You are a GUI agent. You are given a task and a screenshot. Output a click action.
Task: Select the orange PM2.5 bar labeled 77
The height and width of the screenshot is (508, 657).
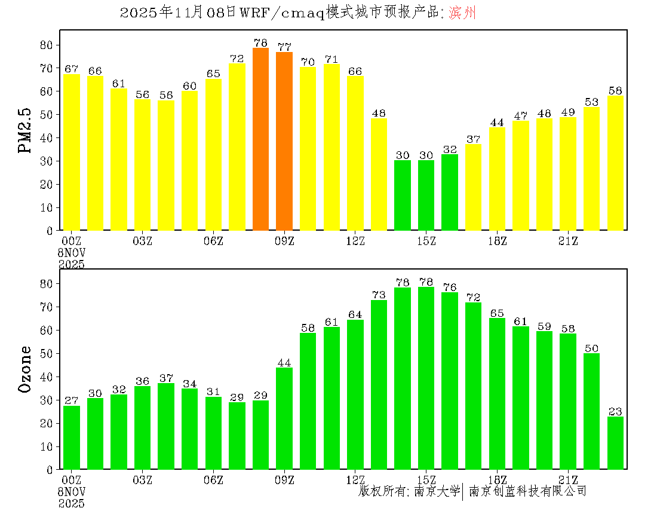click(x=284, y=141)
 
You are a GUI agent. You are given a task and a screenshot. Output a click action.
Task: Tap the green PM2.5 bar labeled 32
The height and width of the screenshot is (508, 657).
click(x=450, y=192)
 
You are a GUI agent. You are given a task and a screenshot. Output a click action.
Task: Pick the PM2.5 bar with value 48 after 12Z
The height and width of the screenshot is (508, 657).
click(x=379, y=174)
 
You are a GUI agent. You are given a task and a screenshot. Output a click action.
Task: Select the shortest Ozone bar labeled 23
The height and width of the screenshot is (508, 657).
click(x=615, y=443)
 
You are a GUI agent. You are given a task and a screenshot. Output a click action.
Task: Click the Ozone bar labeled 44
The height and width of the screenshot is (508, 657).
click(x=284, y=418)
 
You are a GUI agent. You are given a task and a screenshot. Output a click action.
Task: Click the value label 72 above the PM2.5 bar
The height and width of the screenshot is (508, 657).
click(x=237, y=59)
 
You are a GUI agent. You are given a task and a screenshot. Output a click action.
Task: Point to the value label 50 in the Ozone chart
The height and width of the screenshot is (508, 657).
click(x=591, y=348)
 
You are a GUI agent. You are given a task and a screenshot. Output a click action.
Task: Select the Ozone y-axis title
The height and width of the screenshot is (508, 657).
click(x=25, y=369)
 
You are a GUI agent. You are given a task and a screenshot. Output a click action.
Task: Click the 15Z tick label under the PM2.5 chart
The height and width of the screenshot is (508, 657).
click(x=426, y=241)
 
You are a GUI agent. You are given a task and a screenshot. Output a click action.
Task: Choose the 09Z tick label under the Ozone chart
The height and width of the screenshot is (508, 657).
click(x=284, y=479)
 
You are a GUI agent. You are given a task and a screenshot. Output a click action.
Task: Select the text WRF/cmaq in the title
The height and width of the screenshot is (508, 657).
click(x=281, y=13)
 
